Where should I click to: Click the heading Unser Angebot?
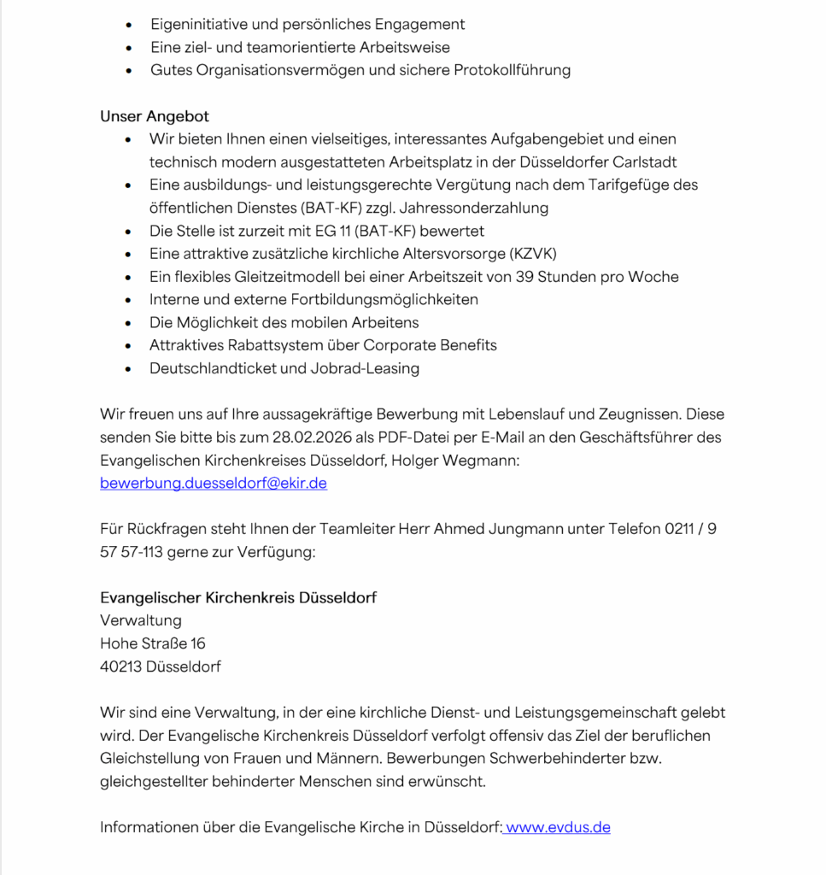pos(155,116)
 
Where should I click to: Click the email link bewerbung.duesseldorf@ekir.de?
pos(214,483)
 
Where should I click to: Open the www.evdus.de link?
pos(559,827)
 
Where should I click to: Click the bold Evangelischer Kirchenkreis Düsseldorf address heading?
pos(238,597)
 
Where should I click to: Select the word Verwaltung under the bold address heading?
pos(141,620)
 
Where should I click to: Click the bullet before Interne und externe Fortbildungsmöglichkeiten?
pos(128,300)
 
